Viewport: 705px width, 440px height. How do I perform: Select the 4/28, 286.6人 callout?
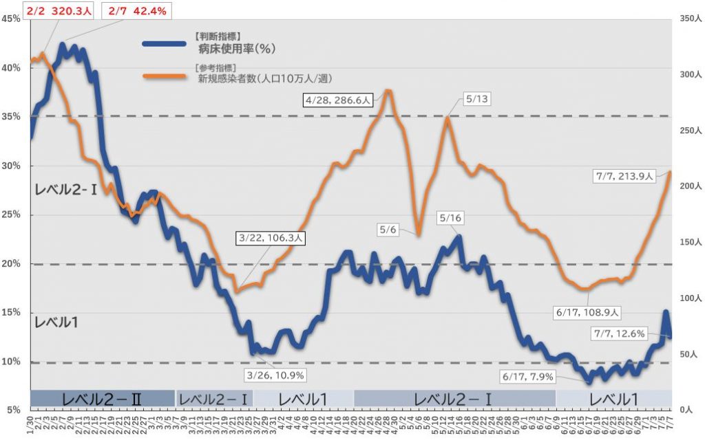tap(338, 100)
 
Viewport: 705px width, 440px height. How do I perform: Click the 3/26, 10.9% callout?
tap(275, 375)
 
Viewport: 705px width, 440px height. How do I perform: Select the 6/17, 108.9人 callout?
tap(587, 312)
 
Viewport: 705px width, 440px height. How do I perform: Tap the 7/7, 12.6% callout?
tap(619, 334)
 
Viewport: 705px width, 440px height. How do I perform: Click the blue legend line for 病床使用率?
tap(164, 43)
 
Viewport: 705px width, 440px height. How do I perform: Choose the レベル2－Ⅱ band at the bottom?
tap(102, 399)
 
